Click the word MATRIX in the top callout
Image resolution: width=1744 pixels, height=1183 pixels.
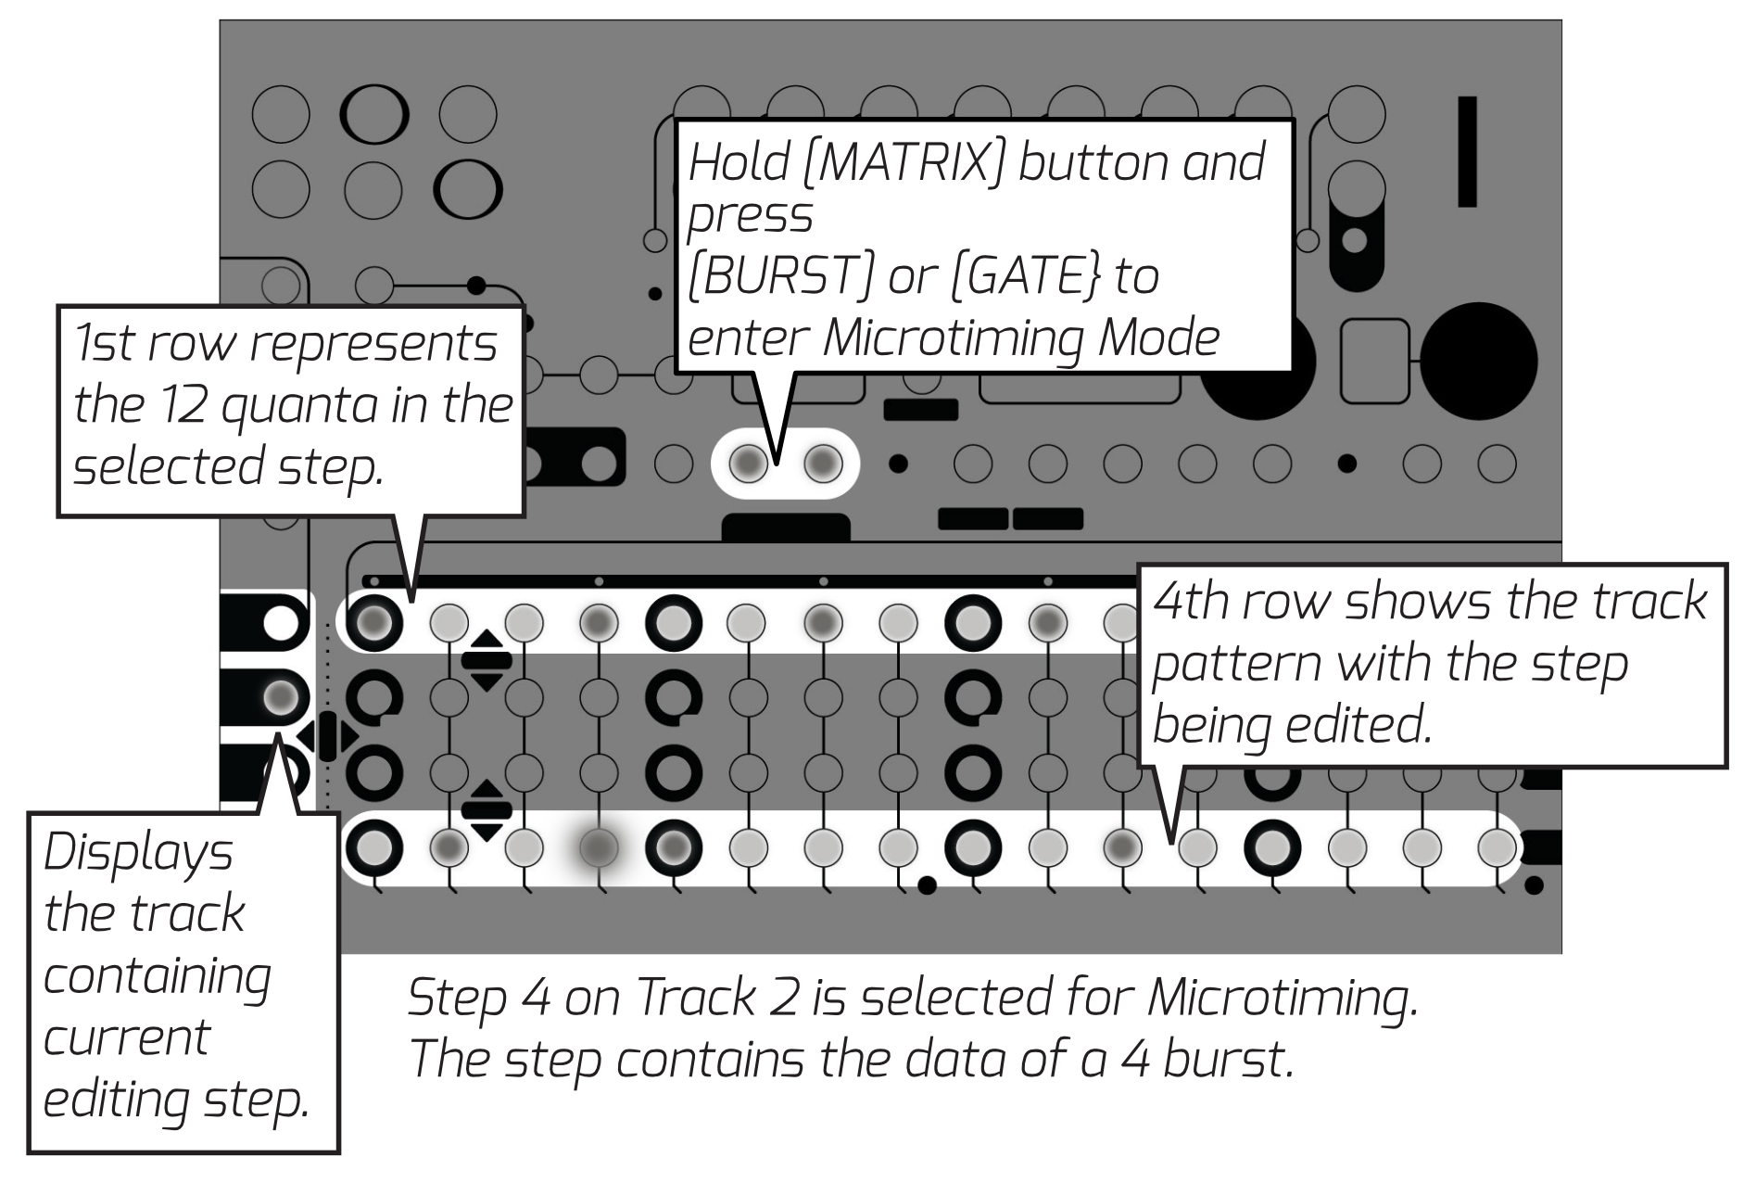coord(903,164)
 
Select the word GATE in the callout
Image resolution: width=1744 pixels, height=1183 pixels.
coord(1026,276)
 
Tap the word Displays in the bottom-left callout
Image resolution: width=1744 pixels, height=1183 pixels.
coord(138,854)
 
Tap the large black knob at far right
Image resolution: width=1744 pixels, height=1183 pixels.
coord(1478,361)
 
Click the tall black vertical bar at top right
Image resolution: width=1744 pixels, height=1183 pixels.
coord(1467,151)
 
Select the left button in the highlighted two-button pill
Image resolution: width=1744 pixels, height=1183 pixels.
coord(749,463)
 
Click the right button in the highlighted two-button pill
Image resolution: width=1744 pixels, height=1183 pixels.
coord(823,463)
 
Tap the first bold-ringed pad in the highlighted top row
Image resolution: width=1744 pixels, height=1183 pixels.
coord(373,621)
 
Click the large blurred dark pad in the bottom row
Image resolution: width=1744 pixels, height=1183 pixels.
coord(599,846)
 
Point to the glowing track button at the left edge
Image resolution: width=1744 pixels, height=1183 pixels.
coord(281,696)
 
